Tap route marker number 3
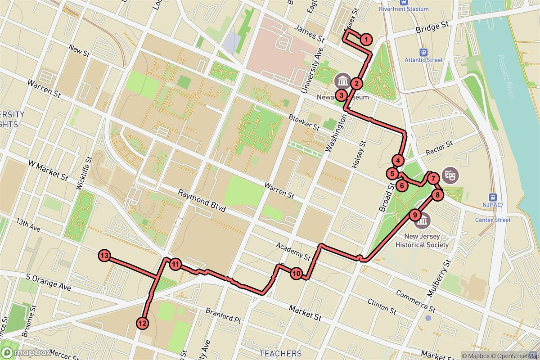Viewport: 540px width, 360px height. point(342,95)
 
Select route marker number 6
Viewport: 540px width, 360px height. point(402,184)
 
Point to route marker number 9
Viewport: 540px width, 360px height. point(415,215)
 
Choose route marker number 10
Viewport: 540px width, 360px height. point(296,273)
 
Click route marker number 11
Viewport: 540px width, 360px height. point(175,265)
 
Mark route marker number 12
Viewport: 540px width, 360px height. point(143,323)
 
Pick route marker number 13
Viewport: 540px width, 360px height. point(104,256)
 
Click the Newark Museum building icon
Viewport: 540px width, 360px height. point(343,81)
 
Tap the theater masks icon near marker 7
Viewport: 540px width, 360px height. point(448,174)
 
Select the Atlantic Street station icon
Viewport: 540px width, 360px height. point(423,52)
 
